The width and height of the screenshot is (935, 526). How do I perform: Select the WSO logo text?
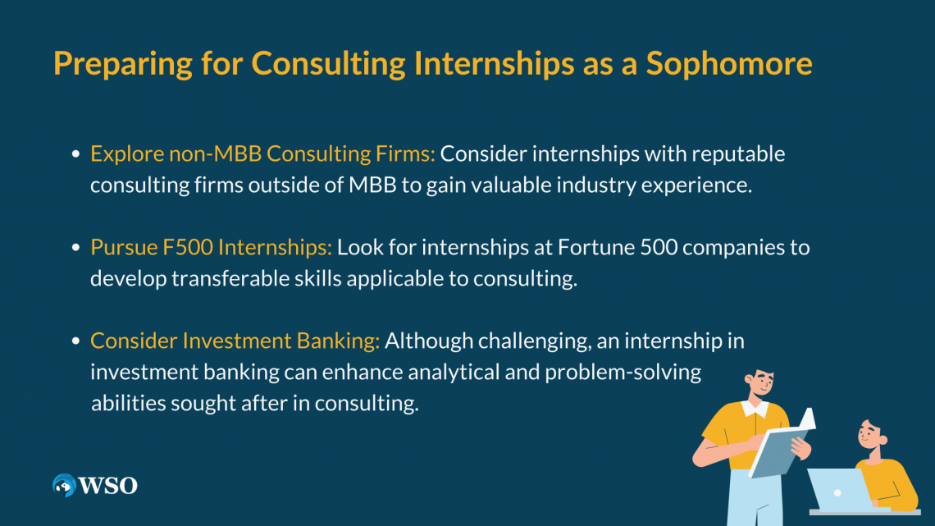click(108, 486)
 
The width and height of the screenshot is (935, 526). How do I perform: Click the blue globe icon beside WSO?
click(65, 486)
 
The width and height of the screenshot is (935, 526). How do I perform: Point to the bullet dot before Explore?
click(75, 154)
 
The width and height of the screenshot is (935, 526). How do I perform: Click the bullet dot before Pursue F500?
click(75, 248)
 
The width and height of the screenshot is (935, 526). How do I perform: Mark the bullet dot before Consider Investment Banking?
click(75, 341)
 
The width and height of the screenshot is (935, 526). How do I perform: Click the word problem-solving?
click(623, 373)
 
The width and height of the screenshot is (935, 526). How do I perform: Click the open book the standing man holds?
click(782, 443)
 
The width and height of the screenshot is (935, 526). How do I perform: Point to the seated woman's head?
click(871, 436)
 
